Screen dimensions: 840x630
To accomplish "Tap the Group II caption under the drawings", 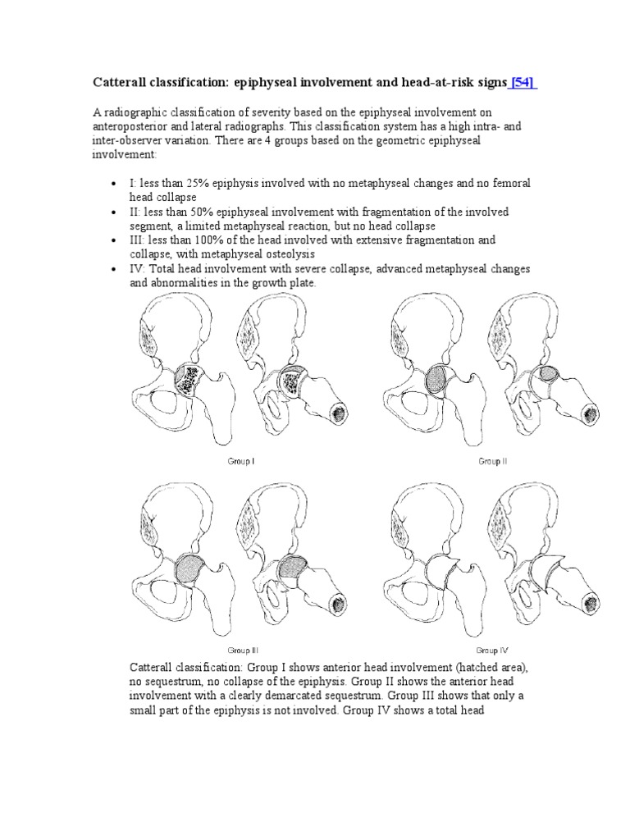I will (493, 462).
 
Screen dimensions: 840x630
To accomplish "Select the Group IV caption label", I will (493, 650).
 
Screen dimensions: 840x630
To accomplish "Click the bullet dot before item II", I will (112, 212).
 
